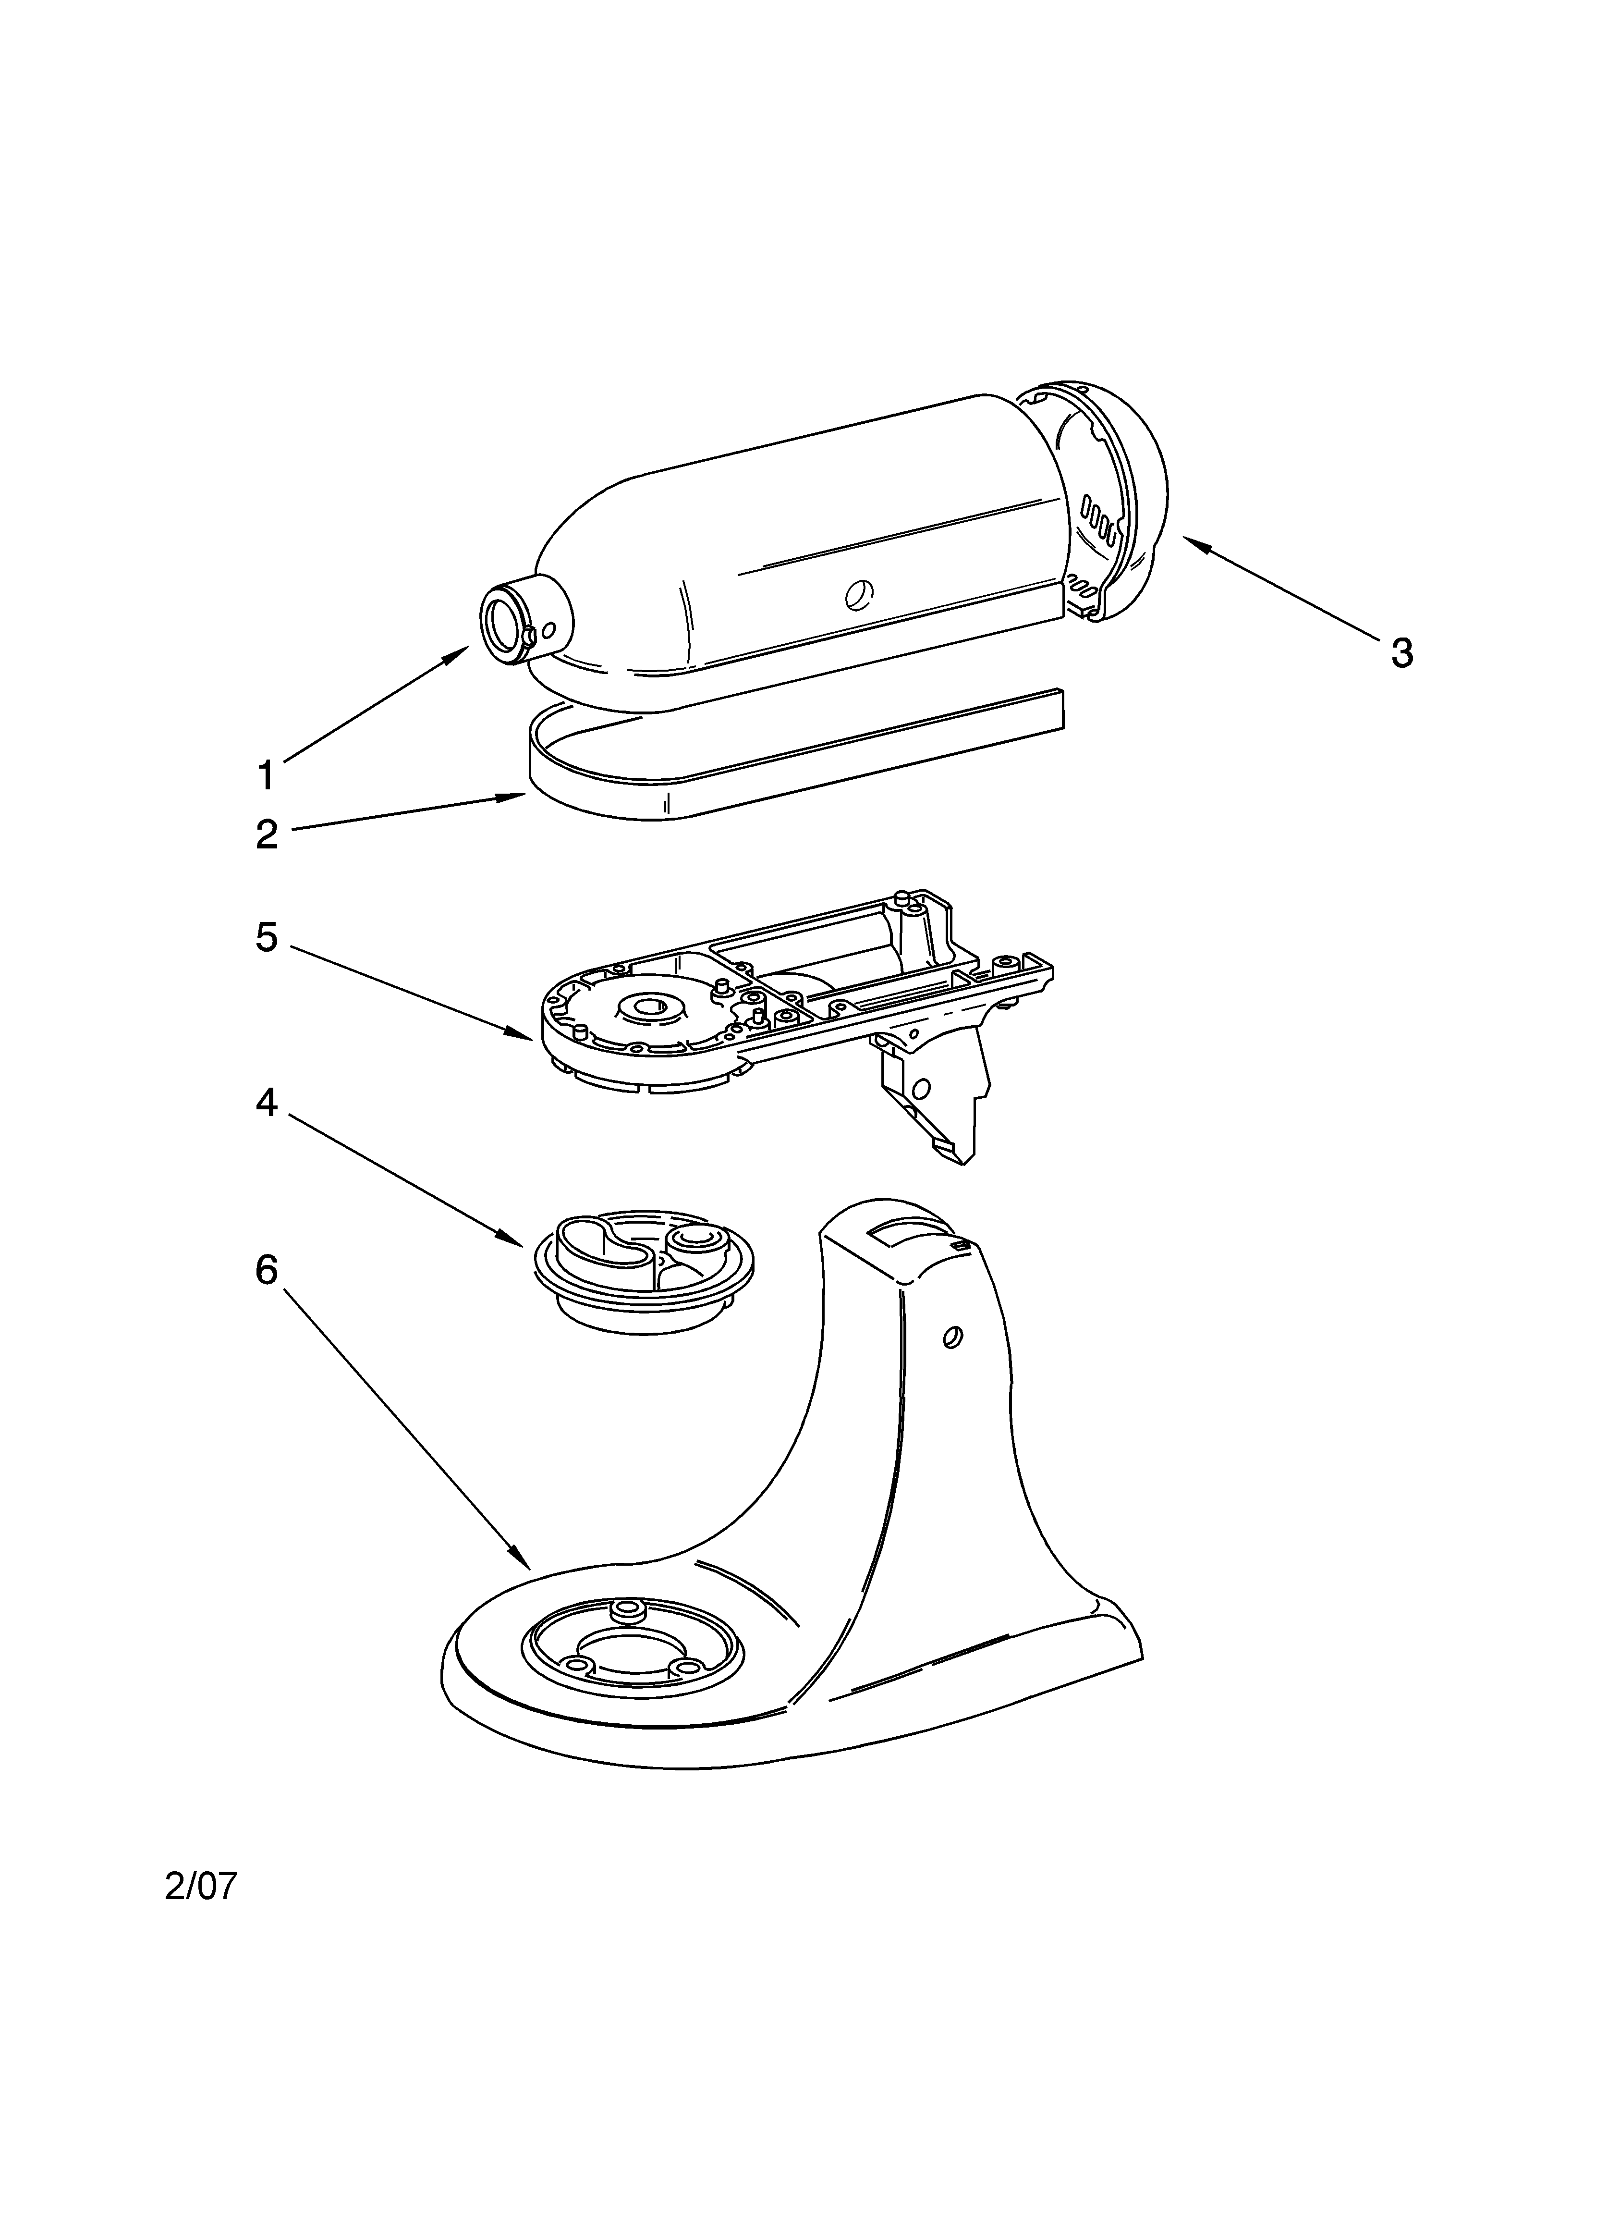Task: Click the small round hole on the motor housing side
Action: click(x=858, y=592)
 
